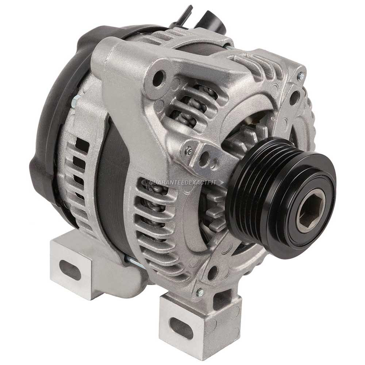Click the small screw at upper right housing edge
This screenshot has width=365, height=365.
click(x=300, y=76)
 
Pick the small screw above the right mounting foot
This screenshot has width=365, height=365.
click(x=200, y=292)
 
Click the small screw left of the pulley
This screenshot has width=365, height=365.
click(x=189, y=150)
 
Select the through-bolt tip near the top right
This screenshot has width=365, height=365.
click(x=228, y=47)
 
